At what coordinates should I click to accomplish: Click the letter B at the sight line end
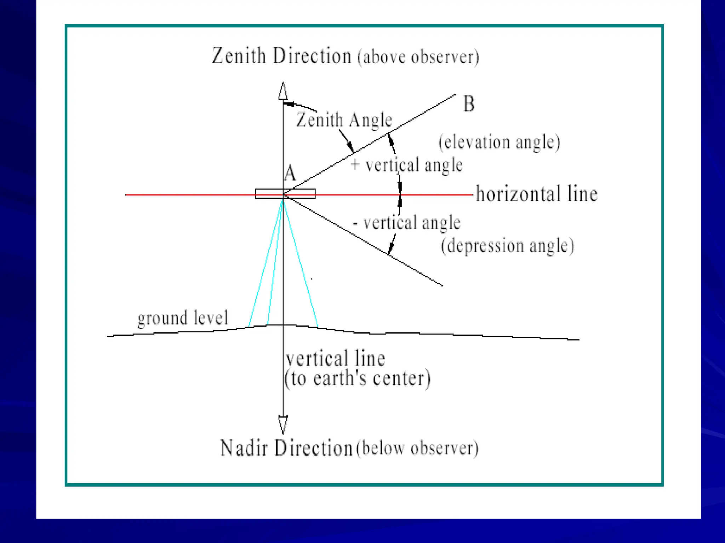tap(469, 104)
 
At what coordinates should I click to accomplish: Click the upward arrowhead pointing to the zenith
tap(283, 91)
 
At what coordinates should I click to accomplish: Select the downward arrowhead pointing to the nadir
tap(283, 425)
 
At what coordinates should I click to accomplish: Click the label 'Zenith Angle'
tap(344, 120)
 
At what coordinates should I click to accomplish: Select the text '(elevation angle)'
tap(499, 142)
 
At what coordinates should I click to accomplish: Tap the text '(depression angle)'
tap(507, 246)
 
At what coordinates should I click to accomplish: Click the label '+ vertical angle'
tap(406, 165)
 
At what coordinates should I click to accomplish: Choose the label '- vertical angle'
tap(407, 223)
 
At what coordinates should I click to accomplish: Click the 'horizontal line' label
tap(536, 194)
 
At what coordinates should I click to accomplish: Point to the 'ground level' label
tap(182, 318)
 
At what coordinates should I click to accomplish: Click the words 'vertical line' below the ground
tap(335, 358)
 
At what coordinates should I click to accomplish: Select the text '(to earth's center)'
tap(358, 379)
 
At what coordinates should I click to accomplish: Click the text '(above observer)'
tap(418, 57)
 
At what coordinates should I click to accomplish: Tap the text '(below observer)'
tap(417, 448)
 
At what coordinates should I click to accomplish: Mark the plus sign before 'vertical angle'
tap(355, 164)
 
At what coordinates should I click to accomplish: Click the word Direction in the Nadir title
tap(313, 448)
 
